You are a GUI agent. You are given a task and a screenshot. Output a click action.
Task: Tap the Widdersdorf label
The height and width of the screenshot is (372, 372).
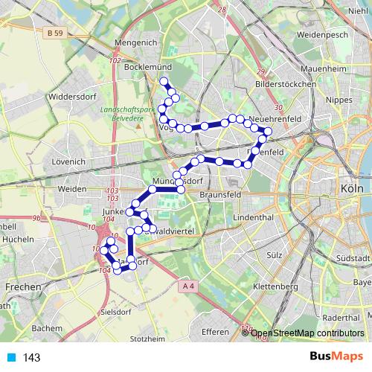(69, 96)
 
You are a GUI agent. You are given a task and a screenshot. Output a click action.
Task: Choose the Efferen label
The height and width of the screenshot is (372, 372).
(216, 332)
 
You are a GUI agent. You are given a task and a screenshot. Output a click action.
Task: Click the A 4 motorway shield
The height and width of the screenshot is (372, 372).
(187, 284)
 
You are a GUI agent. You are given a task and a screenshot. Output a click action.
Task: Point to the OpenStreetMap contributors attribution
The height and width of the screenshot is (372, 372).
(307, 333)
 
